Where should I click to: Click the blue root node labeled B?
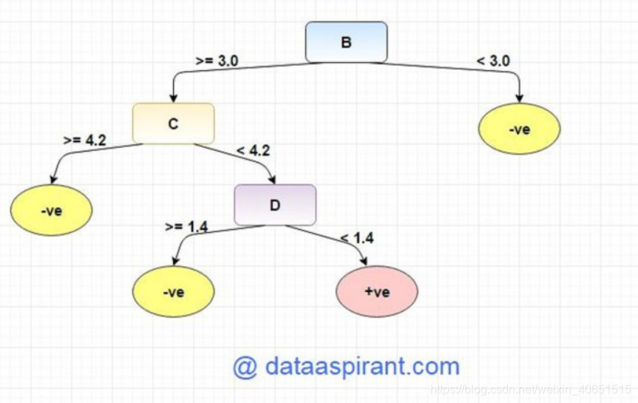346,42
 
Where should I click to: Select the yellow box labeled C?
173,123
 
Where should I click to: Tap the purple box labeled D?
275,205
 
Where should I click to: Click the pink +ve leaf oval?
377,291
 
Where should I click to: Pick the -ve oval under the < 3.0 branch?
520,130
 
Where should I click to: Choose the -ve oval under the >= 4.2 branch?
51,211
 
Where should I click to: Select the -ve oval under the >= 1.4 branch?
173,291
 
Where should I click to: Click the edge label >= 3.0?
217,61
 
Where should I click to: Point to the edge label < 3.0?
493,61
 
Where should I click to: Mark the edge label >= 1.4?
186,226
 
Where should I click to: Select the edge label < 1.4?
356,237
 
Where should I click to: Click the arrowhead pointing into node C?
173,98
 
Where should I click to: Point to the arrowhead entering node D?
274,179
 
